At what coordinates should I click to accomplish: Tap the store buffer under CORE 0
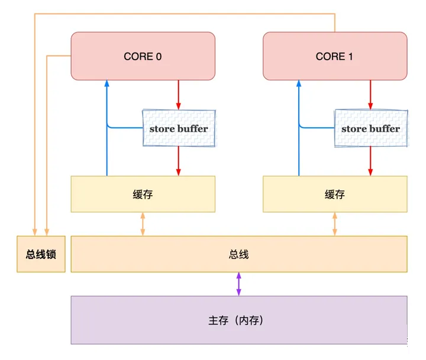179,128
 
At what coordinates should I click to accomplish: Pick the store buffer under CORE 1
370,128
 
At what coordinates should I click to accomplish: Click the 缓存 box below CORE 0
143,194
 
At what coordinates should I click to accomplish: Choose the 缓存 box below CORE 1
335,194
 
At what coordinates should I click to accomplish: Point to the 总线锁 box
41,254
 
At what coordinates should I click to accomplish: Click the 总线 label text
238,254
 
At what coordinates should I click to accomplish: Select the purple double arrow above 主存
238,284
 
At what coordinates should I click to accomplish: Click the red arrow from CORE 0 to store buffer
178,95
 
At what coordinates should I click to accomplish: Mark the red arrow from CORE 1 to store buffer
370,95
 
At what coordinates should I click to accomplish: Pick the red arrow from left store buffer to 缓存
178,161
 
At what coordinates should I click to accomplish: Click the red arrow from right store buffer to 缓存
370,161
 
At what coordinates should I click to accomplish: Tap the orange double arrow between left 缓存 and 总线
143,224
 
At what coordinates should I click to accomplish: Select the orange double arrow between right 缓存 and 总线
335,224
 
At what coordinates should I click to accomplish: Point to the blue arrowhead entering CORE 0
107,84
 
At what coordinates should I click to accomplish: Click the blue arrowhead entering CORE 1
299,84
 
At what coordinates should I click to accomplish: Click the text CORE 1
334,57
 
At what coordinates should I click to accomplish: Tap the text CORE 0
143,57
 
